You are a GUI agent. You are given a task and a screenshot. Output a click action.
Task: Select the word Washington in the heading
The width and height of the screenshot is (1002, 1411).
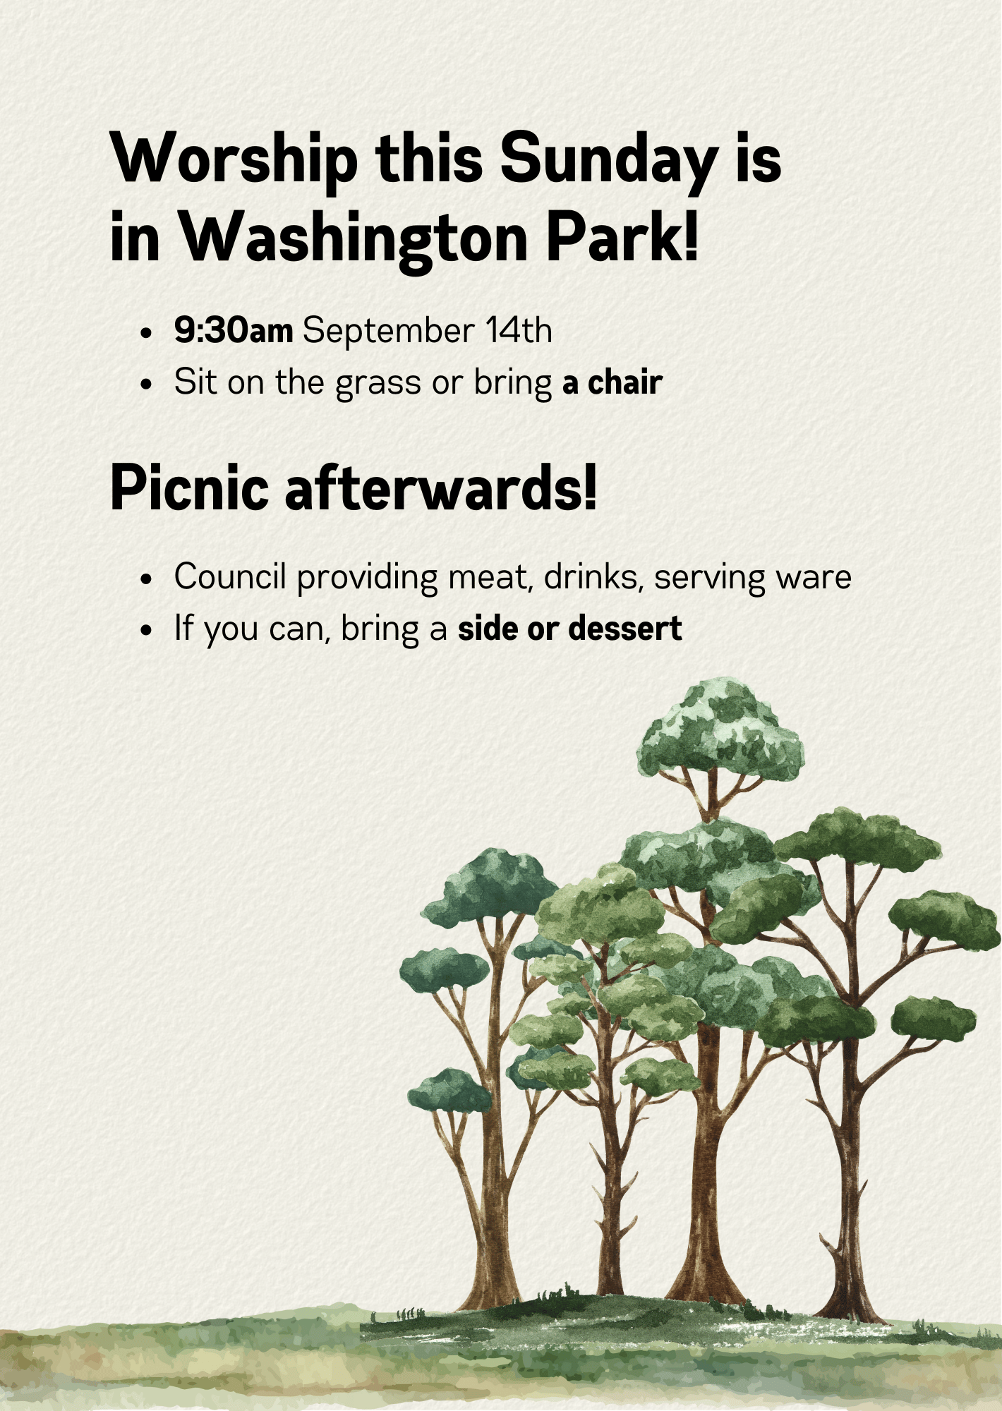pos(352,238)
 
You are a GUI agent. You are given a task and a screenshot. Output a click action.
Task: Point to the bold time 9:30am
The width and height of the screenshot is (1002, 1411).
pos(234,330)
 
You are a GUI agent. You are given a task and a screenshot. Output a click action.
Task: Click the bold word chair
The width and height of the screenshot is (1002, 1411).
pos(625,382)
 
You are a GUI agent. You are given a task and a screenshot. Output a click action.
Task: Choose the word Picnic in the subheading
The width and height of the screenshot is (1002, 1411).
pos(190,488)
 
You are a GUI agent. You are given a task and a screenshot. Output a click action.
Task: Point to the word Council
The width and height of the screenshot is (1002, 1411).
pos(230,576)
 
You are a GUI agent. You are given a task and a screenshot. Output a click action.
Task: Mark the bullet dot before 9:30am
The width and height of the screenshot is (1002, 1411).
pos(146,333)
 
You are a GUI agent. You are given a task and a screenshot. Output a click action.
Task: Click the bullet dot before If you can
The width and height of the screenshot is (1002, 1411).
pos(146,630)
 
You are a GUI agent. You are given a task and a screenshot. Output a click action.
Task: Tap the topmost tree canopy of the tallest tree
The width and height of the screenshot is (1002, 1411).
pos(720,730)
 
